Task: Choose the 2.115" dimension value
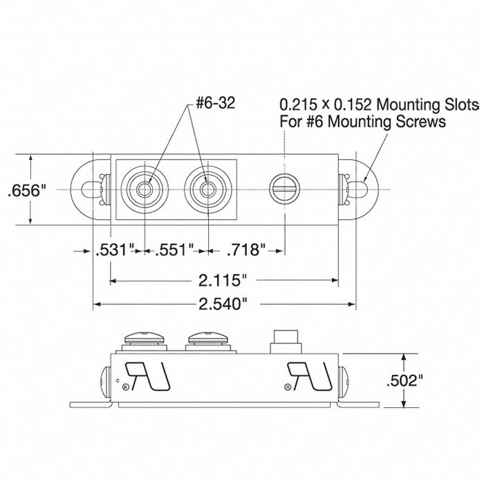point(223,280)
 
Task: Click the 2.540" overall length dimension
point(223,304)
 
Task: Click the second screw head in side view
point(207,339)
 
